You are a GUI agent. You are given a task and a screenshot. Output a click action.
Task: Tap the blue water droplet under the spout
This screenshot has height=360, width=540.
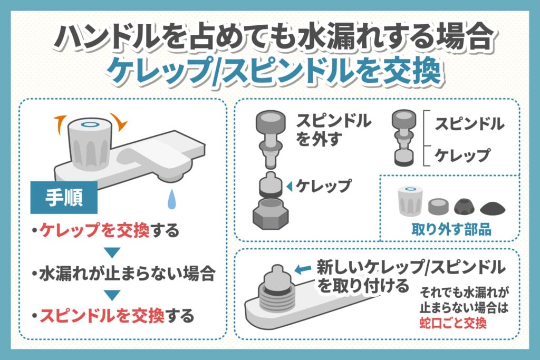(172, 200)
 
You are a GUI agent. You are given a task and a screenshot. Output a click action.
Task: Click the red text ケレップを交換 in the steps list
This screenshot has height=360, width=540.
(95, 230)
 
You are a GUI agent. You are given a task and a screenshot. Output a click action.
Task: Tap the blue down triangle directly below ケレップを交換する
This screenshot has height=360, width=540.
(112, 251)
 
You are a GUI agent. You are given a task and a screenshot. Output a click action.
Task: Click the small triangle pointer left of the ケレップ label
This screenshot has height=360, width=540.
(289, 186)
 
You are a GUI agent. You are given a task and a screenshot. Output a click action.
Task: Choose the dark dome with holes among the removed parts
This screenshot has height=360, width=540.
(465, 206)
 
